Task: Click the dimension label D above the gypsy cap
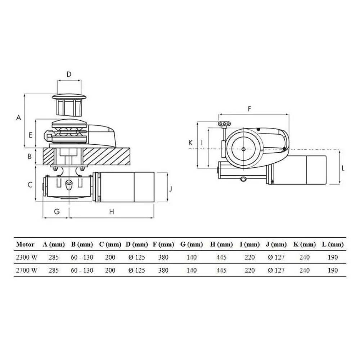pyautogui.click(x=69, y=74)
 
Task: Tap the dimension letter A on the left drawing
pyautogui.click(x=19, y=117)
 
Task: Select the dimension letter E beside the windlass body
pyautogui.click(x=31, y=135)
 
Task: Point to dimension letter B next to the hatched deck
pyautogui.click(x=31, y=157)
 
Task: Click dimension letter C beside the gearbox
pyautogui.click(x=31, y=185)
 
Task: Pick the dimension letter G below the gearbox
pyautogui.click(x=57, y=212)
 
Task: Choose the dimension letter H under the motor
pyautogui.click(x=112, y=212)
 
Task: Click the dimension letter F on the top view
pyautogui.click(x=249, y=108)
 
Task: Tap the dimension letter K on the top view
pyautogui.click(x=191, y=143)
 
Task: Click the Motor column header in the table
pyautogui.click(x=25, y=244)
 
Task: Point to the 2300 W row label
pyautogui.click(x=26, y=257)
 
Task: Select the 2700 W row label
pyautogui.click(x=26, y=270)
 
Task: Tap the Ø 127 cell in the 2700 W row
pyautogui.click(x=277, y=270)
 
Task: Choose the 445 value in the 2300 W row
pyautogui.click(x=221, y=257)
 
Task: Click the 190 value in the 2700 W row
pyautogui.click(x=333, y=270)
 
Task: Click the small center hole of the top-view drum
pyautogui.click(x=244, y=149)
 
